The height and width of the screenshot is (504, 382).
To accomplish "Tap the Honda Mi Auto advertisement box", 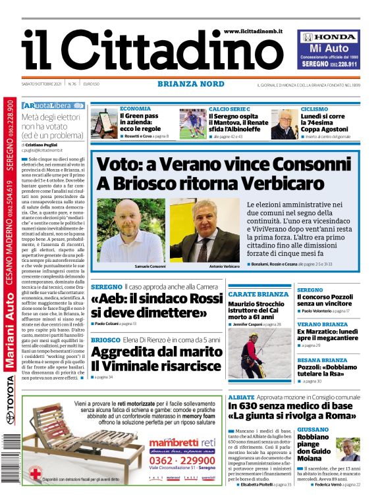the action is [x=329, y=49].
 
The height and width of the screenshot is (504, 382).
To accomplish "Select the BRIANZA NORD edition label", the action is [x=190, y=84].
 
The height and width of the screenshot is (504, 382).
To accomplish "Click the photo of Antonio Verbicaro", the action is [x=204, y=230].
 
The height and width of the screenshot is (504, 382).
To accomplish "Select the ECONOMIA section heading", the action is [x=135, y=109].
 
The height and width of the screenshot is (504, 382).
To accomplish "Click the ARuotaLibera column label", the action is [x=53, y=106].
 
